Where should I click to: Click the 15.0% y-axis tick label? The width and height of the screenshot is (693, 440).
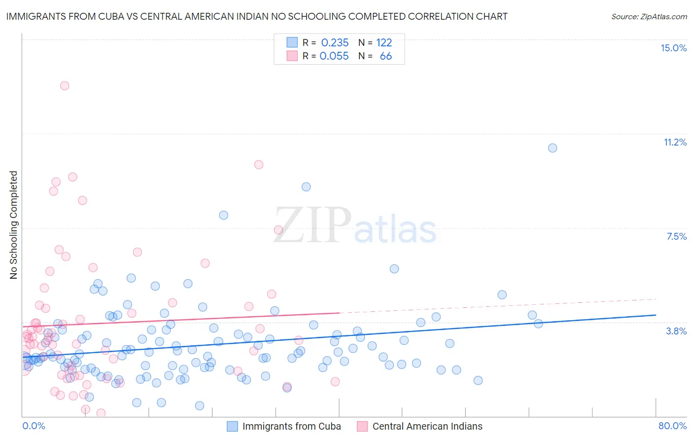(673, 48)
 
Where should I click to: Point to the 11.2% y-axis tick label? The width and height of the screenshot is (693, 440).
(675, 142)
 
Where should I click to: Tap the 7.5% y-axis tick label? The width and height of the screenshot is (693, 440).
(676, 236)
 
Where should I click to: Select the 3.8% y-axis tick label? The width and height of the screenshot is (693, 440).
(676, 331)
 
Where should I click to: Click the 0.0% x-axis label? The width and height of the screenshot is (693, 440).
(34, 426)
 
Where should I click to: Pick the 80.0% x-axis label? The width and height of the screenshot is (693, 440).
(672, 426)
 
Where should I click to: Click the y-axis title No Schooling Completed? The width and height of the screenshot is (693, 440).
(13, 225)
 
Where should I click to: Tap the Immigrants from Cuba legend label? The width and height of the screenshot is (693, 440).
(291, 426)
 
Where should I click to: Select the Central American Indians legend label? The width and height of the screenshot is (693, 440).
(427, 426)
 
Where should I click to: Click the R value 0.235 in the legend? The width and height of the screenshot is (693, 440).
(335, 43)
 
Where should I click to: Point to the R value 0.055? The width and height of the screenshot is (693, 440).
(334, 56)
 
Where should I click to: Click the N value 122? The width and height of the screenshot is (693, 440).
(384, 43)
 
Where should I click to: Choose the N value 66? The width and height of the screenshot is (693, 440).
(385, 56)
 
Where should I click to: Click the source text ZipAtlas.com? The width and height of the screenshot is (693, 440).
(663, 16)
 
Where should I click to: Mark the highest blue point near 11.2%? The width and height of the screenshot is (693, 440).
(553, 148)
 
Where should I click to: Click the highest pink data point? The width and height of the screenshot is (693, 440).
(65, 85)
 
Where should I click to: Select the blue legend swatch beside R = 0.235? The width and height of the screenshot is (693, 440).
(292, 42)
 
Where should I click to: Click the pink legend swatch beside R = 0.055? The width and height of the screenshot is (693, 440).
(292, 56)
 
